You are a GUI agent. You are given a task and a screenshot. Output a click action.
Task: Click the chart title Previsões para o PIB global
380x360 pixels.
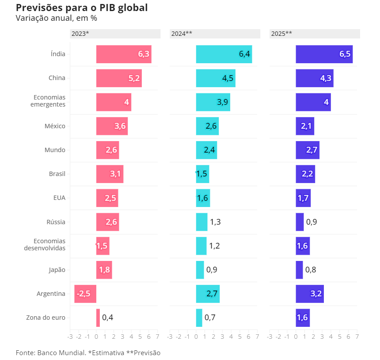pos(82,8)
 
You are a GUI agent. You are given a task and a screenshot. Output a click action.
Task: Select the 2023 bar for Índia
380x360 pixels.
pos(124,54)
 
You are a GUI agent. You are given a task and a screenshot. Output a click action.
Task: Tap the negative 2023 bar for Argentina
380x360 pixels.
pos(85,294)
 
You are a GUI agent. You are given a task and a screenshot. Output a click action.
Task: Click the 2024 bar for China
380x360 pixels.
pos(216,78)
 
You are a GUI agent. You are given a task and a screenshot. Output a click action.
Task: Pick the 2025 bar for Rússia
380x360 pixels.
pos(300,222)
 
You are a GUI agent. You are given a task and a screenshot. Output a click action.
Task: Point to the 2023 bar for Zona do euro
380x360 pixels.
pos(98,318)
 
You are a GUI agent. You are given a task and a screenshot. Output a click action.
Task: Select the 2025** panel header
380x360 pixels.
pos(315,34)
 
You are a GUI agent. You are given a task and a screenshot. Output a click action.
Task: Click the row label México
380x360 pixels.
pos(55,126)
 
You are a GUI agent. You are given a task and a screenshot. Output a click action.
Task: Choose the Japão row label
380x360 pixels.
pos(57,270)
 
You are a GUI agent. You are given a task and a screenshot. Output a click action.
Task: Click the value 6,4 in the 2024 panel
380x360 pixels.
pos(244,54)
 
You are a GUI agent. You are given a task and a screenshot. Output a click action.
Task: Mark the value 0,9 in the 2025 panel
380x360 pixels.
pos(311,222)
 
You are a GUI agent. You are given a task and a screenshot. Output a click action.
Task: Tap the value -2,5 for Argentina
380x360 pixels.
pos(84,294)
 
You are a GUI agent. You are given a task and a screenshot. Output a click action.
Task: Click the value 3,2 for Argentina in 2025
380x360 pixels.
pos(316,294)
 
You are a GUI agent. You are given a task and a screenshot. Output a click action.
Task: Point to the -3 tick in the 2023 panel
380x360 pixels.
pos(70,337)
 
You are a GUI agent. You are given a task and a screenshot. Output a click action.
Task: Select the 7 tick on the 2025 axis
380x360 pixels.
pos(357,337)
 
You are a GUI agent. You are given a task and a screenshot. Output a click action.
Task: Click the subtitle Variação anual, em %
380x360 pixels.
pos(56,18)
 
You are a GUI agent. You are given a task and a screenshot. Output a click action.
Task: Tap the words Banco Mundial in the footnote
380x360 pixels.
pos(61,352)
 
